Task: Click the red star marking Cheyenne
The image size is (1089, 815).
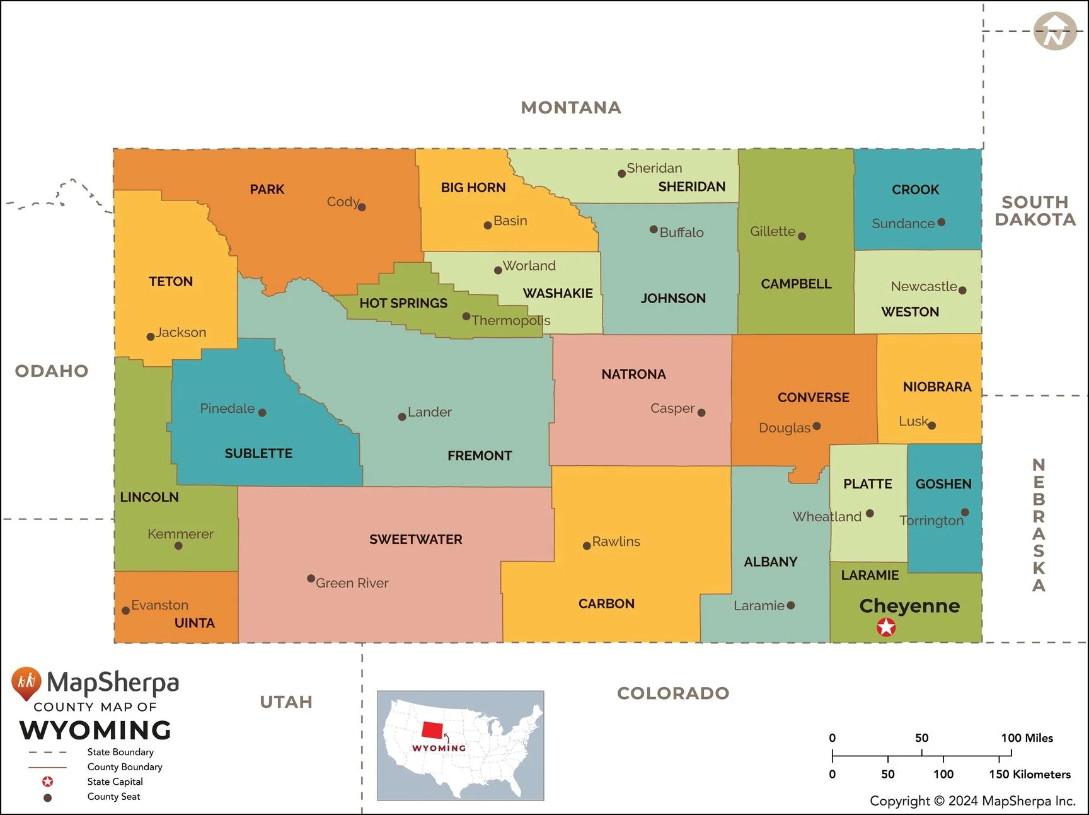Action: click(886, 627)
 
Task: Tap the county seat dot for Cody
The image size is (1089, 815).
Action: click(362, 207)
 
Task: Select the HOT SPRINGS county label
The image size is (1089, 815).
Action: click(403, 303)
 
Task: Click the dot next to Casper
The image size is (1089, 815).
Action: click(701, 413)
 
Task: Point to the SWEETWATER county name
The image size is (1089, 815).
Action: click(416, 540)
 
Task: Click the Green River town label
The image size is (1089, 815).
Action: click(352, 583)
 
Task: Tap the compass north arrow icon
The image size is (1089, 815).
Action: click(1055, 31)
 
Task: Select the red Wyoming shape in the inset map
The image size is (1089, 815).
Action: click(432, 730)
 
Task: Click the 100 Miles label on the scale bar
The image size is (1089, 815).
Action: click(1027, 738)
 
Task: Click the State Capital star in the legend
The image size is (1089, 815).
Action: click(47, 782)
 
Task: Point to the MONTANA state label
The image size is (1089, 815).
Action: click(571, 108)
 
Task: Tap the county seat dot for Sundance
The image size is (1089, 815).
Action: click(941, 222)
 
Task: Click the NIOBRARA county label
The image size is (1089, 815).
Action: click(936, 387)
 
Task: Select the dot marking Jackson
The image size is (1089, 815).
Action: click(151, 337)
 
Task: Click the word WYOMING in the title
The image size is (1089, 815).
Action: click(96, 731)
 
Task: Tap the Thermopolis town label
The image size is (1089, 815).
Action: click(510, 321)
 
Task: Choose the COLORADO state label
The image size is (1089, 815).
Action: click(673, 693)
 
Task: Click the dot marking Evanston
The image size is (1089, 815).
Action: click(125, 610)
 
